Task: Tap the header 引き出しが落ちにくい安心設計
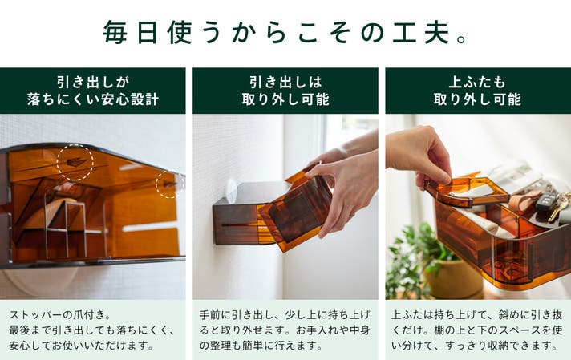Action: click(x=93, y=91)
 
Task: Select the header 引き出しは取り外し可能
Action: click(x=285, y=91)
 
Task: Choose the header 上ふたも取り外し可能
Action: click(x=477, y=91)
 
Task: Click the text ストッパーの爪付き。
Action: click(x=60, y=314)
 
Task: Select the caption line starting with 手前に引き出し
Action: click(x=285, y=314)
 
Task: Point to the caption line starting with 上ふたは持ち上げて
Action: click(x=476, y=314)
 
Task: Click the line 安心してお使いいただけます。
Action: click(x=82, y=345)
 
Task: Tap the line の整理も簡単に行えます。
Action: click(x=261, y=345)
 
